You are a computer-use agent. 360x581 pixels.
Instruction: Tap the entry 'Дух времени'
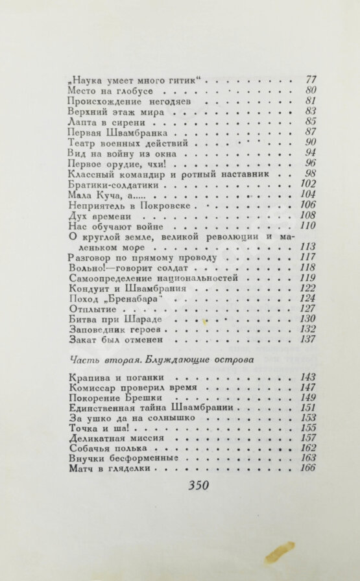coord(100,215)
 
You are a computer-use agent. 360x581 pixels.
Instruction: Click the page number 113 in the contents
coord(307,246)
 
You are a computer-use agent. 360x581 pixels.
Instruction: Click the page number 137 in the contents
coord(307,339)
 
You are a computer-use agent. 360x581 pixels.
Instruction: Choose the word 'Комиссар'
coord(91,388)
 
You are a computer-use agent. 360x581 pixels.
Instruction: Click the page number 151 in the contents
coord(307,408)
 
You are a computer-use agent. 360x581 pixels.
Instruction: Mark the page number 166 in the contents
coord(307,468)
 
